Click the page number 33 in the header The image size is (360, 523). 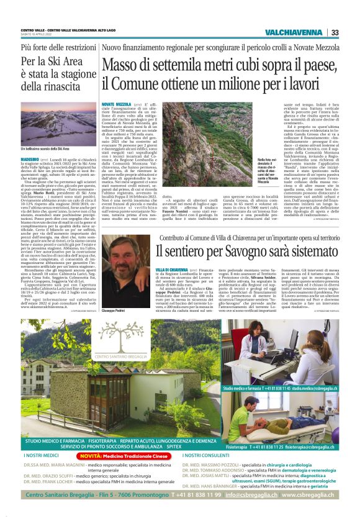tap(335, 32)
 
